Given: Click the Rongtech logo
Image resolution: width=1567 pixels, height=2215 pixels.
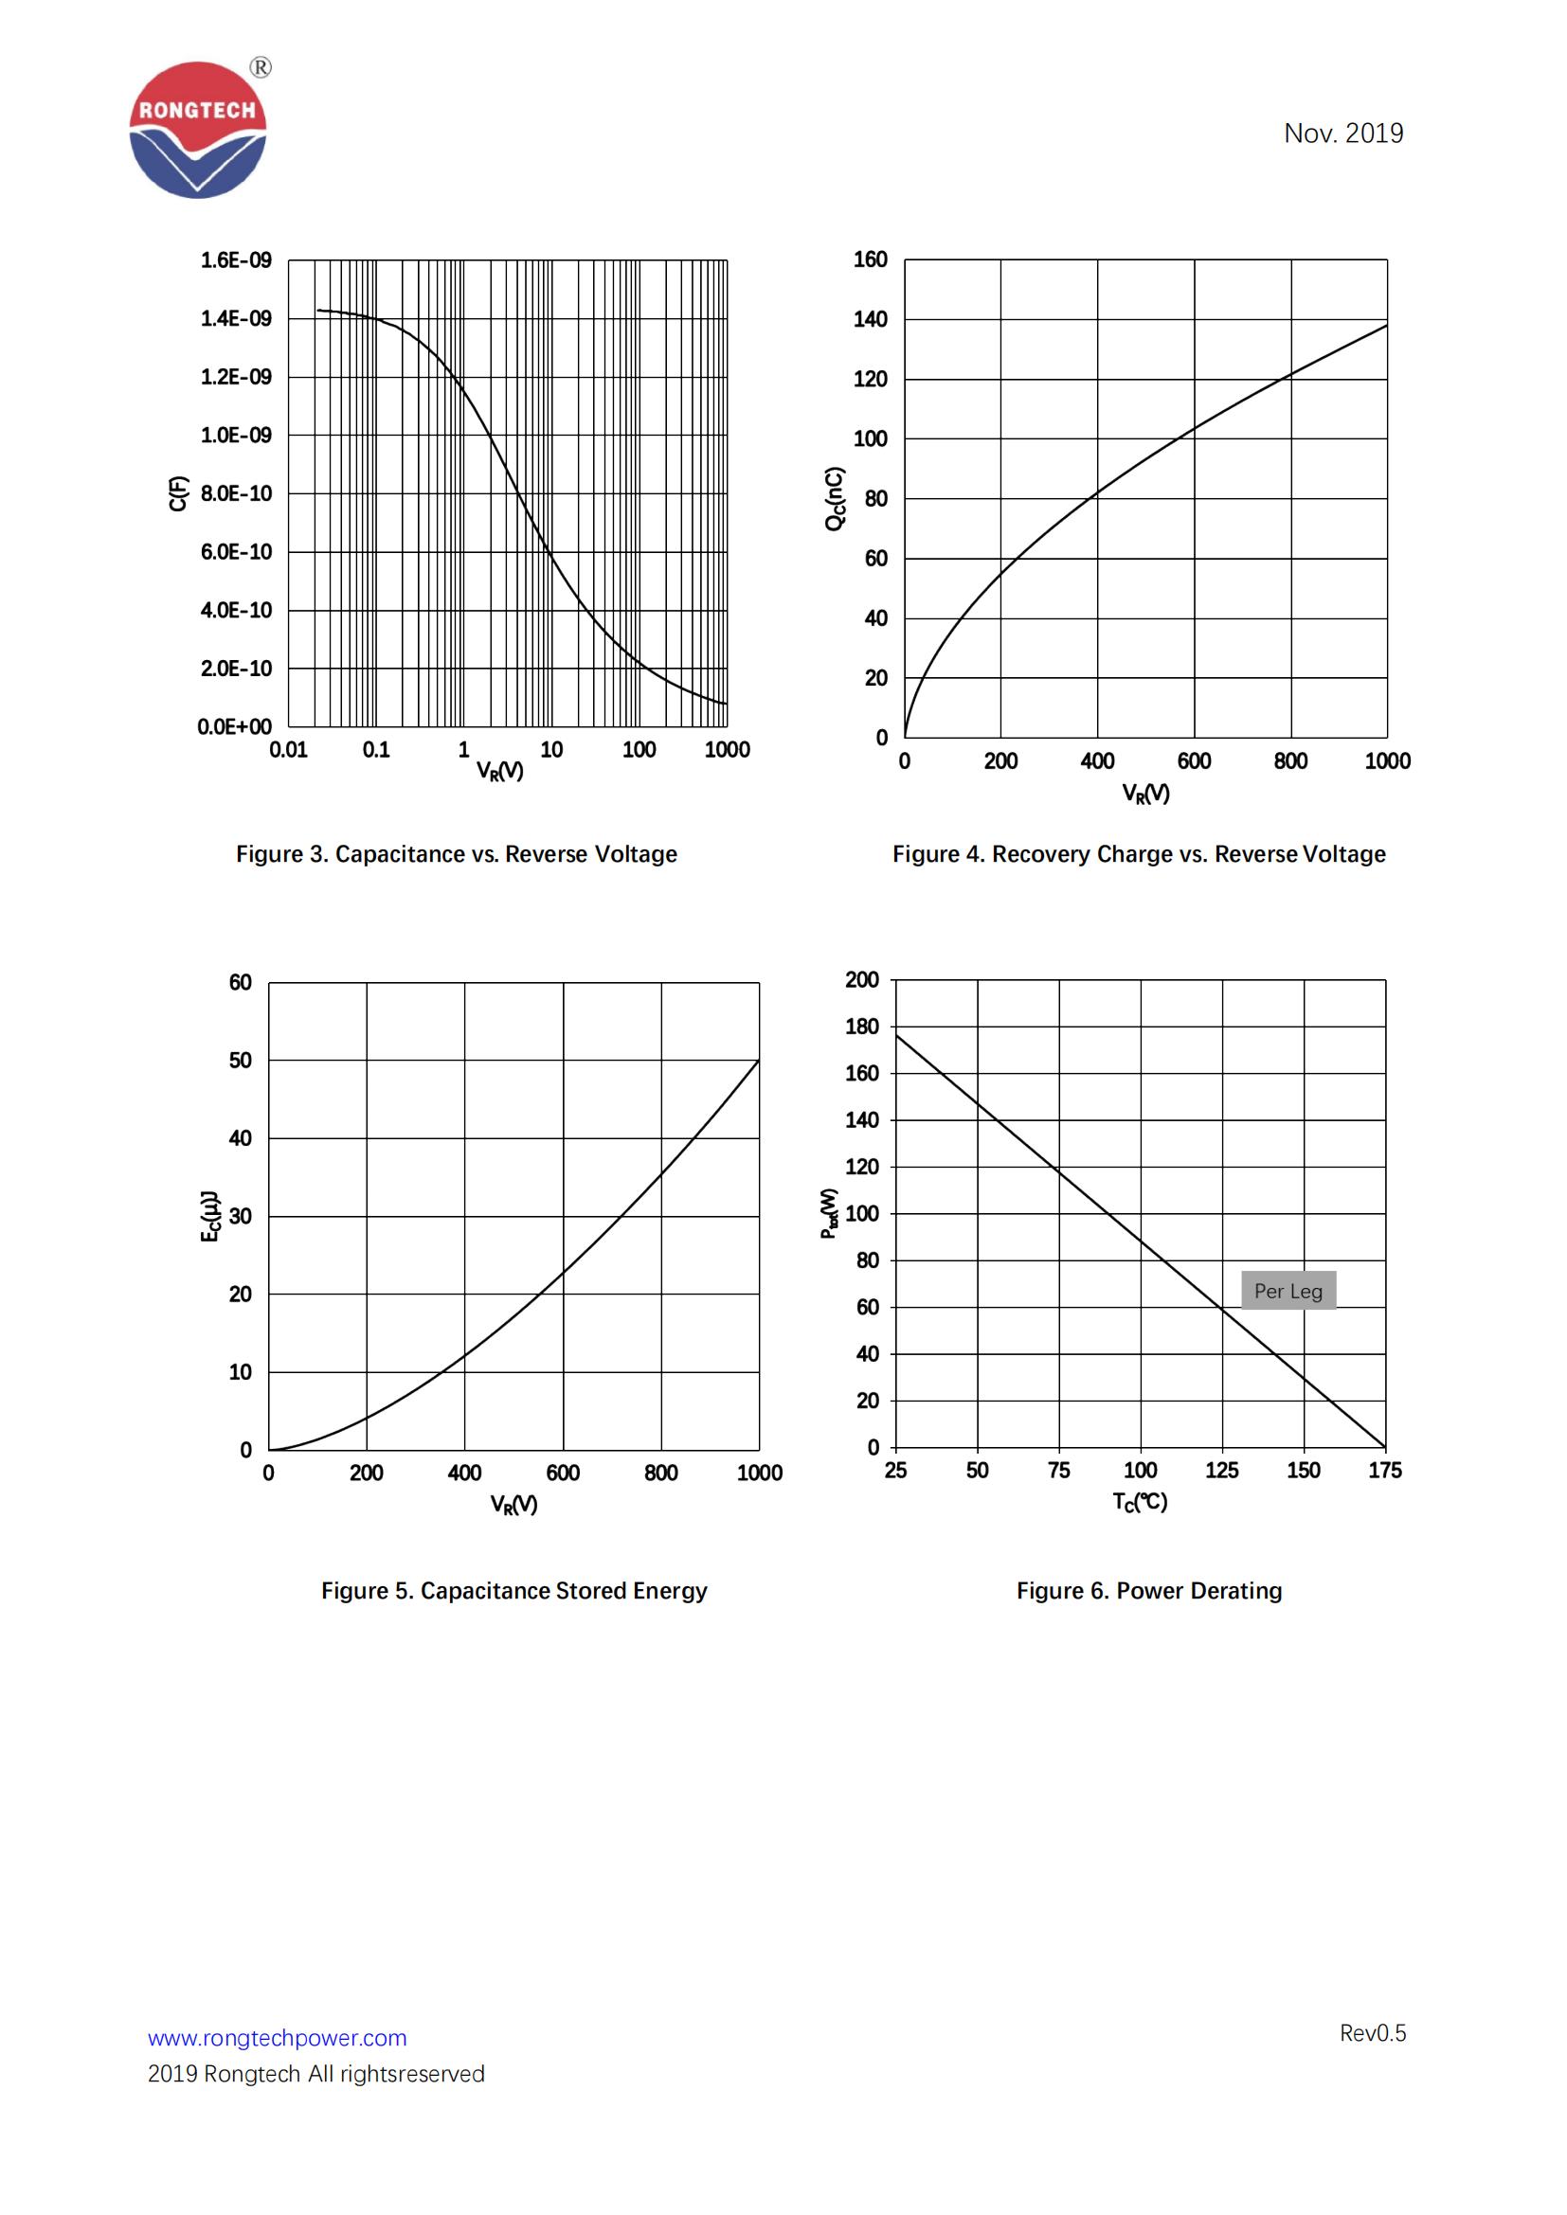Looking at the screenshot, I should point(198,131).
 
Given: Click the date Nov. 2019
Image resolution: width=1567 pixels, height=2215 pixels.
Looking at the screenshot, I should point(1342,134).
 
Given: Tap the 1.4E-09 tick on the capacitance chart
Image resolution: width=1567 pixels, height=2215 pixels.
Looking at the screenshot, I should point(236,318).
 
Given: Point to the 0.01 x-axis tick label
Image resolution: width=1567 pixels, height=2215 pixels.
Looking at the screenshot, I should point(289,750).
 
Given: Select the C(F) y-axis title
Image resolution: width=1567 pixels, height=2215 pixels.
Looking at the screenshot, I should point(177,493).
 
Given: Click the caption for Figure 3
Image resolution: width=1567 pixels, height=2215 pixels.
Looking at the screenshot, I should point(457,854).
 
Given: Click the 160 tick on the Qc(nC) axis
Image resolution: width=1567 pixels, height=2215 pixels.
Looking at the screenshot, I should point(870,259).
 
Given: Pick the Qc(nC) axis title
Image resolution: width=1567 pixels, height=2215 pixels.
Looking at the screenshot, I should point(835,498).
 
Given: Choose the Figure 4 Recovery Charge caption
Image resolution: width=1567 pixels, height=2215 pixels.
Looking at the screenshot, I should point(1139,854).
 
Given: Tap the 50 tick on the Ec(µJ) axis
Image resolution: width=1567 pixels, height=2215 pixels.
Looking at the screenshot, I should point(241,1061).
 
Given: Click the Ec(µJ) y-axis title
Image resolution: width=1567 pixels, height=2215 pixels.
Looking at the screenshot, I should point(209,1217).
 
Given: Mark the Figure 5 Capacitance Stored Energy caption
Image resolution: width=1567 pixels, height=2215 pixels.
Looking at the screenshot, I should point(513,1591).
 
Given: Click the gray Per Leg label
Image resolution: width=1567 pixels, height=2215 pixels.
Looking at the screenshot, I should point(1288,1291).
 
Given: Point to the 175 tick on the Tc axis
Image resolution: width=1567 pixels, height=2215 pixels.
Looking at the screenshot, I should point(1385,1471).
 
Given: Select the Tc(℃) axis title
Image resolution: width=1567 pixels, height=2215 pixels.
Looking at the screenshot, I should point(1140,1502).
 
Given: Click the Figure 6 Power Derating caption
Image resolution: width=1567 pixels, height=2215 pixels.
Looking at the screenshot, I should point(1148,1591).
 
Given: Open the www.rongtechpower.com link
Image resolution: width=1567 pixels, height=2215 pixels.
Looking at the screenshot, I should point(277,2038).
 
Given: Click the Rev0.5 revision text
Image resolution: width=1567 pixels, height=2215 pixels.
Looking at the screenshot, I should point(1372,2032).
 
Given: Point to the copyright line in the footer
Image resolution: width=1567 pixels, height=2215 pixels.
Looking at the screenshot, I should point(315,2073).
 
